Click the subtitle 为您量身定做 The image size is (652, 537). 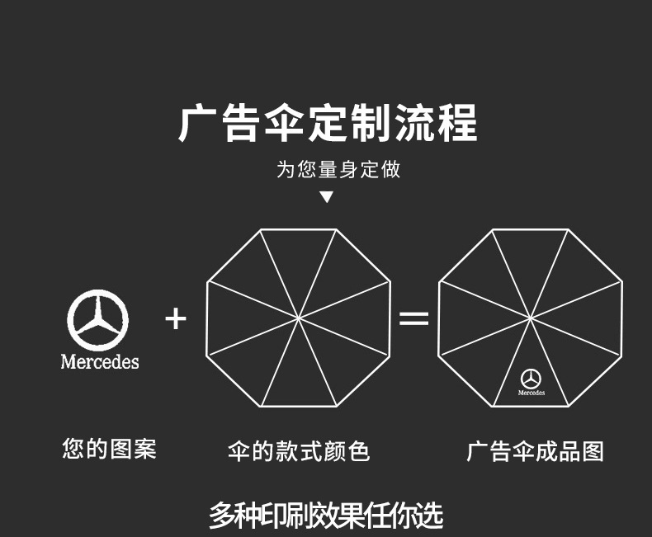click(x=338, y=170)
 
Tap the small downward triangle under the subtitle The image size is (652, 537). click(x=327, y=196)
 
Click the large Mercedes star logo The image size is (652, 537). click(x=98, y=320)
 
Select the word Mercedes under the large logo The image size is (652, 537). click(x=100, y=361)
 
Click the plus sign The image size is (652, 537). click(x=176, y=318)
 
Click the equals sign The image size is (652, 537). click(x=414, y=318)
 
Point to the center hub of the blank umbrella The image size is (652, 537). click(x=298, y=318)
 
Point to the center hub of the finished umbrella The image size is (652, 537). click(x=531, y=318)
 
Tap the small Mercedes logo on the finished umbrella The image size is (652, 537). click(x=532, y=379)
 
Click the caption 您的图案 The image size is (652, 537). click(x=109, y=450)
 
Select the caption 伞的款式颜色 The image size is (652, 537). click(x=298, y=451)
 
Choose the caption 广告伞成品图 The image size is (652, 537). click(x=535, y=451)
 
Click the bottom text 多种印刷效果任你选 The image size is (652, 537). click(x=326, y=516)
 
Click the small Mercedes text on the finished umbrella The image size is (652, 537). click(x=532, y=393)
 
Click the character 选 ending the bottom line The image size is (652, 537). click(x=428, y=516)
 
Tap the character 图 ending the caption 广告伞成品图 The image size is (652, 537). click(x=593, y=451)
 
